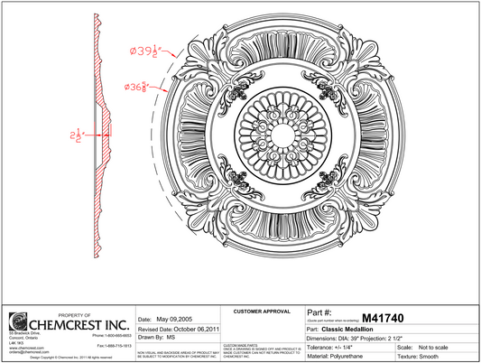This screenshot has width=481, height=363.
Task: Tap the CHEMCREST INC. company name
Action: (x=71, y=323)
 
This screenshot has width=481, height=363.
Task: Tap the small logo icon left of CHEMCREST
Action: (x=16, y=322)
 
